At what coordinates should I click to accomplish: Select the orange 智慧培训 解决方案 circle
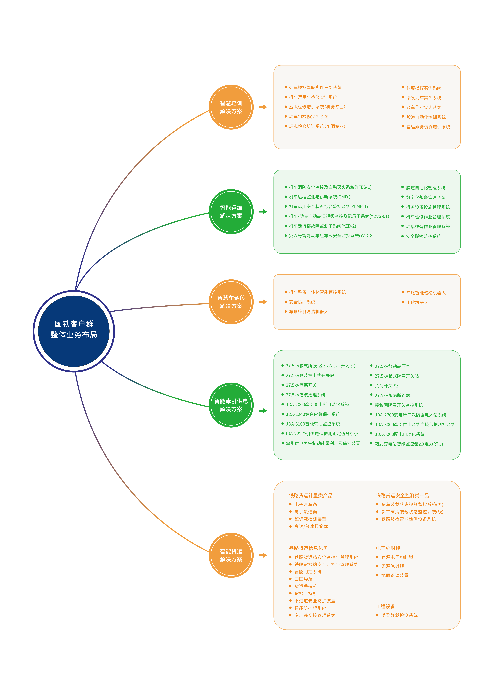[x=231, y=107]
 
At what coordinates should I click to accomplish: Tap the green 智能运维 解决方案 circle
[x=231, y=211]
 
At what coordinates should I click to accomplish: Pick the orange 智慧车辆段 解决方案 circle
[x=231, y=302]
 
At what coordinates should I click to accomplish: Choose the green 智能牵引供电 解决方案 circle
[x=231, y=405]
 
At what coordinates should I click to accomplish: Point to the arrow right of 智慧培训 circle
[x=263, y=107]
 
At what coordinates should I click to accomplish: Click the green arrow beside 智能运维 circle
[x=263, y=211]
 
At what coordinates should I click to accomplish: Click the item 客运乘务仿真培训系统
[x=428, y=127]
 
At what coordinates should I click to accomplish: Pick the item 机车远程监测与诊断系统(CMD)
[x=319, y=197]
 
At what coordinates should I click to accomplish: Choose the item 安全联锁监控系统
[x=423, y=236]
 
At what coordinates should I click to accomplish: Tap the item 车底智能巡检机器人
[x=426, y=293]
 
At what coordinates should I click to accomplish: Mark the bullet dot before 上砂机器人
[x=403, y=302]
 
